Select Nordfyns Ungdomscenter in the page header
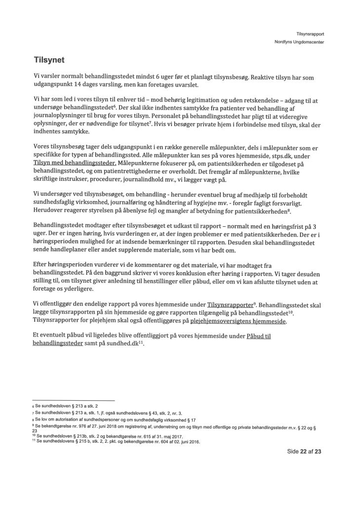[x=299, y=42]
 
